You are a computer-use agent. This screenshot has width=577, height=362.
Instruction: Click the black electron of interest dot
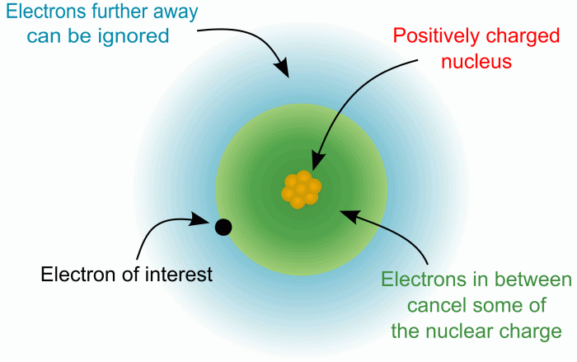point(223,227)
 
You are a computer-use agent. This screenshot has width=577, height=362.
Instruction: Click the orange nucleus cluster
point(301,189)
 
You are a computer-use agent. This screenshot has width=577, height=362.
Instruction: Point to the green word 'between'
point(538,280)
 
